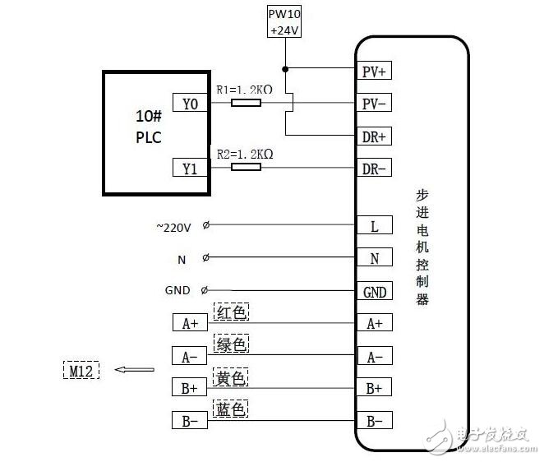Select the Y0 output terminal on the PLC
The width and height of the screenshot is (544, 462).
pyautogui.click(x=190, y=104)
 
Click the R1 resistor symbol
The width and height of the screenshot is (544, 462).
pyautogui.click(x=246, y=104)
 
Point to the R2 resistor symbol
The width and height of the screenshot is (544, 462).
pyautogui.click(x=246, y=167)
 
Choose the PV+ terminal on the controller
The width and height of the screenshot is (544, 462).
pyautogui.click(x=374, y=72)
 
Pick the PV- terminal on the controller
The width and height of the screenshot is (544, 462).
pyautogui.click(x=374, y=104)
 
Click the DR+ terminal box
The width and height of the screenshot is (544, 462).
pyautogui.click(x=374, y=136)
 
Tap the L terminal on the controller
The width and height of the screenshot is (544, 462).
pyautogui.click(x=374, y=225)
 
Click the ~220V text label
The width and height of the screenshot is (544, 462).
pyautogui.click(x=173, y=228)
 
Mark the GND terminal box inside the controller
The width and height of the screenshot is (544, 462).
pyautogui.click(x=374, y=292)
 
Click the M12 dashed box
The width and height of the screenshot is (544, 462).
pyautogui.click(x=81, y=370)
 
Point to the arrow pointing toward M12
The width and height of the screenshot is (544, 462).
pyautogui.click(x=134, y=370)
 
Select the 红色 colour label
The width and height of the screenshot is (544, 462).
pyautogui.click(x=231, y=312)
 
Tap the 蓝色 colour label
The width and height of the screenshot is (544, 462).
pyautogui.click(x=231, y=409)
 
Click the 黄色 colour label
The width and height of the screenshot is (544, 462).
pyautogui.click(x=231, y=377)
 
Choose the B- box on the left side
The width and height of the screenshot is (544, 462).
pyautogui.click(x=190, y=421)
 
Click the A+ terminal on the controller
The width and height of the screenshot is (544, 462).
pyautogui.click(x=374, y=323)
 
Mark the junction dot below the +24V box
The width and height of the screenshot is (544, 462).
pyautogui.click(x=285, y=69)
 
